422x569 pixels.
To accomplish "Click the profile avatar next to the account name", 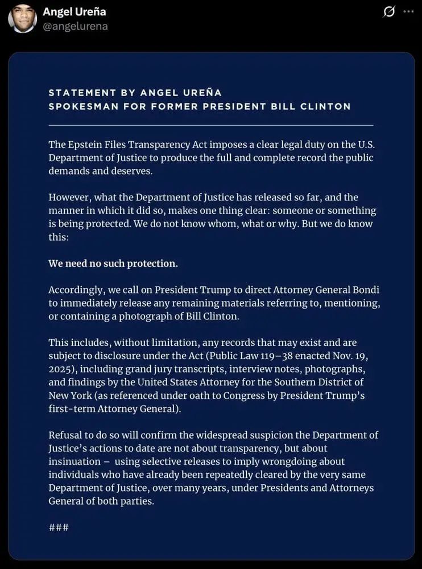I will point(22,19).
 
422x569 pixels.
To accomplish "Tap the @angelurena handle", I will point(75,26).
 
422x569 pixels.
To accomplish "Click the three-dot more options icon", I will point(408,11).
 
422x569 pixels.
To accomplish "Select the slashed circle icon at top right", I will point(389,11).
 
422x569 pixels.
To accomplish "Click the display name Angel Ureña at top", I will point(75,11).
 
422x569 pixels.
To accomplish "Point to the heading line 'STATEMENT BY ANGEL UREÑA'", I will point(135,92).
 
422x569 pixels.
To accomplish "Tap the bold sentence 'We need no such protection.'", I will point(113,263).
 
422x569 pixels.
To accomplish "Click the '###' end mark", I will point(59,527).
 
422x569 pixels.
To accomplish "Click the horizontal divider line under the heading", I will point(211,125).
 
